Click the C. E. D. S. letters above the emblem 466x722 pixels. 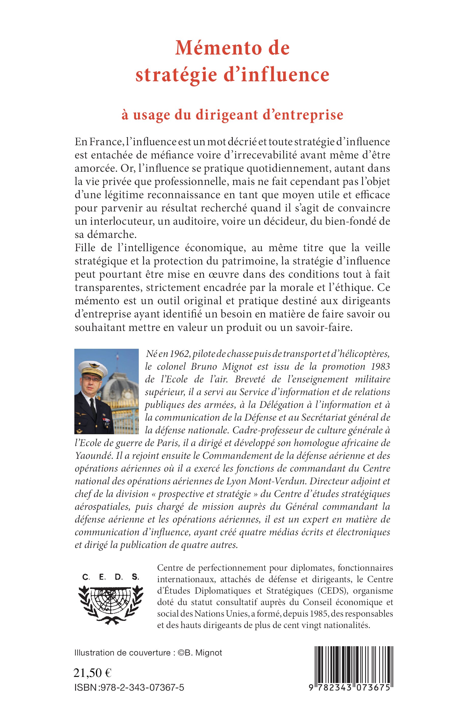[x=111, y=577]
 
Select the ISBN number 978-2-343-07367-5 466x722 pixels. [x=142, y=688]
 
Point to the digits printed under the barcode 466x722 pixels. [x=349, y=687]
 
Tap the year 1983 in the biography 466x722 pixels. [x=381, y=366]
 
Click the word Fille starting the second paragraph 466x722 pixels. [x=85, y=248]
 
